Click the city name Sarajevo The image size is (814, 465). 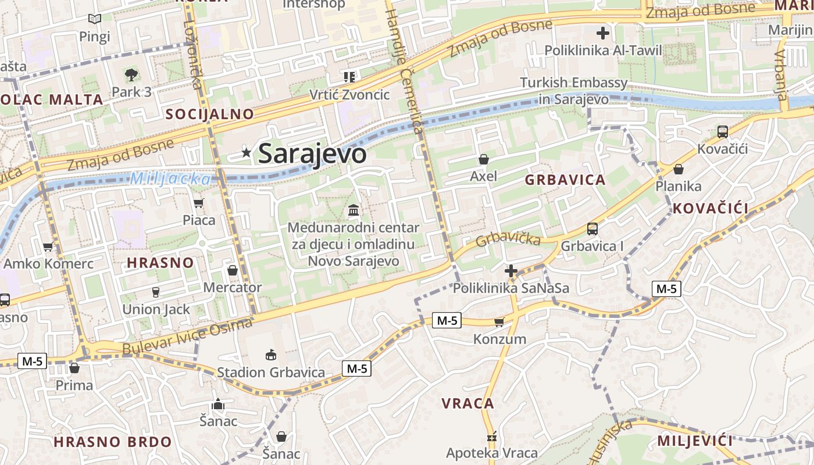pyautogui.click(x=312, y=154)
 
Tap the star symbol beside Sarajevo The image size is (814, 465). pyautogui.click(x=247, y=153)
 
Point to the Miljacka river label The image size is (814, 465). pyautogui.click(x=170, y=178)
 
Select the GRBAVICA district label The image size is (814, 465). pyautogui.click(x=565, y=180)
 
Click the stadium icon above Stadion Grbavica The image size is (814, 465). pyautogui.click(x=270, y=355)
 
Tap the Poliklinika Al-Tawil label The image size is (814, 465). pyautogui.click(x=603, y=50)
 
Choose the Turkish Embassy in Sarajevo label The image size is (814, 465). pyautogui.click(x=574, y=91)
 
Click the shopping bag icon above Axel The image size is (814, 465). pyautogui.click(x=483, y=159)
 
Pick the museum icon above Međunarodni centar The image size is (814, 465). pyautogui.click(x=354, y=210)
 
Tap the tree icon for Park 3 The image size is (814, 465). pyautogui.click(x=131, y=74)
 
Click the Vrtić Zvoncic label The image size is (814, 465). pyautogui.click(x=349, y=94)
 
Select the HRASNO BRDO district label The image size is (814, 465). pyautogui.click(x=113, y=442)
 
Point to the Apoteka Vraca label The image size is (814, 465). pyautogui.click(x=492, y=452)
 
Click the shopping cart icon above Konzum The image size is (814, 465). pyautogui.click(x=499, y=322)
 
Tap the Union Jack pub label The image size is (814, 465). pyautogui.click(x=156, y=309)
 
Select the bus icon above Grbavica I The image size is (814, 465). pyautogui.click(x=592, y=229)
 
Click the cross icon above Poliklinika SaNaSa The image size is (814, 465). pyautogui.click(x=511, y=271)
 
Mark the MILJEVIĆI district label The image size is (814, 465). pyautogui.click(x=695, y=441)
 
